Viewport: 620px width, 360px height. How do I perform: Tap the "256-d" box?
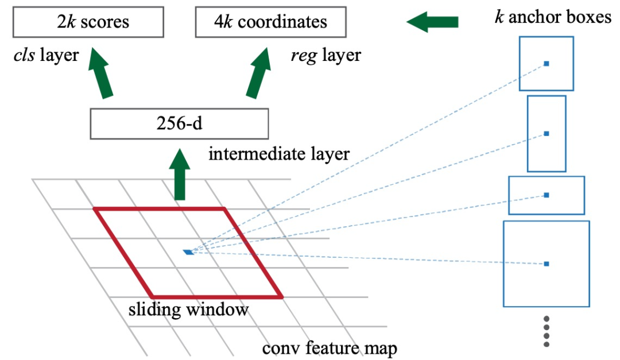(x=179, y=123)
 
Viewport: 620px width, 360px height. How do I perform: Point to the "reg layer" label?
(x=325, y=55)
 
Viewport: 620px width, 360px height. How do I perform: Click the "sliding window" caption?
(x=188, y=310)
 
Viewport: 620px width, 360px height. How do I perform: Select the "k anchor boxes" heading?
(x=553, y=17)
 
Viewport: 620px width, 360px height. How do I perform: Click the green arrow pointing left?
(x=432, y=22)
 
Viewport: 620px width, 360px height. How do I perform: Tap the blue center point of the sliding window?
(x=188, y=251)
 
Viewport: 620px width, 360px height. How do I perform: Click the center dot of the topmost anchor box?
(x=547, y=64)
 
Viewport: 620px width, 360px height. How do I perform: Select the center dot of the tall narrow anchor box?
(x=547, y=134)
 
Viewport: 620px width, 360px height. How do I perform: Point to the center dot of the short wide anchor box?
(x=547, y=195)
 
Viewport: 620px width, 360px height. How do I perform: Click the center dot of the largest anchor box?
(x=547, y=264)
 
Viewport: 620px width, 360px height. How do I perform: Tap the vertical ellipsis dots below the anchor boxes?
(x=547, y=331)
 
